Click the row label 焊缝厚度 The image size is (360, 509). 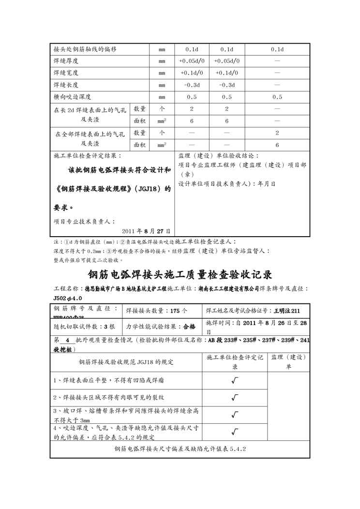point(66,61)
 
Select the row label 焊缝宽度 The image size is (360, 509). point(66,73)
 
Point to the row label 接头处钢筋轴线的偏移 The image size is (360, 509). point(85,49)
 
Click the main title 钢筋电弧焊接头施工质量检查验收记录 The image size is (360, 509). point(180,274)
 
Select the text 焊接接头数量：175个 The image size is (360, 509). point(157,310)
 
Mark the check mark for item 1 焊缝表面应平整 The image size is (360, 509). point(235,380)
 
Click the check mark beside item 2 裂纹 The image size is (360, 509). point(235,398)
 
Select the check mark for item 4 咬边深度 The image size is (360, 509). point(235,432)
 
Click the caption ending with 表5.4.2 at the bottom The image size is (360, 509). point(180,449)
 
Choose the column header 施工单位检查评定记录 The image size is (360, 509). point(235,361)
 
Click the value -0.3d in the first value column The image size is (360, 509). point(192,85)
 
